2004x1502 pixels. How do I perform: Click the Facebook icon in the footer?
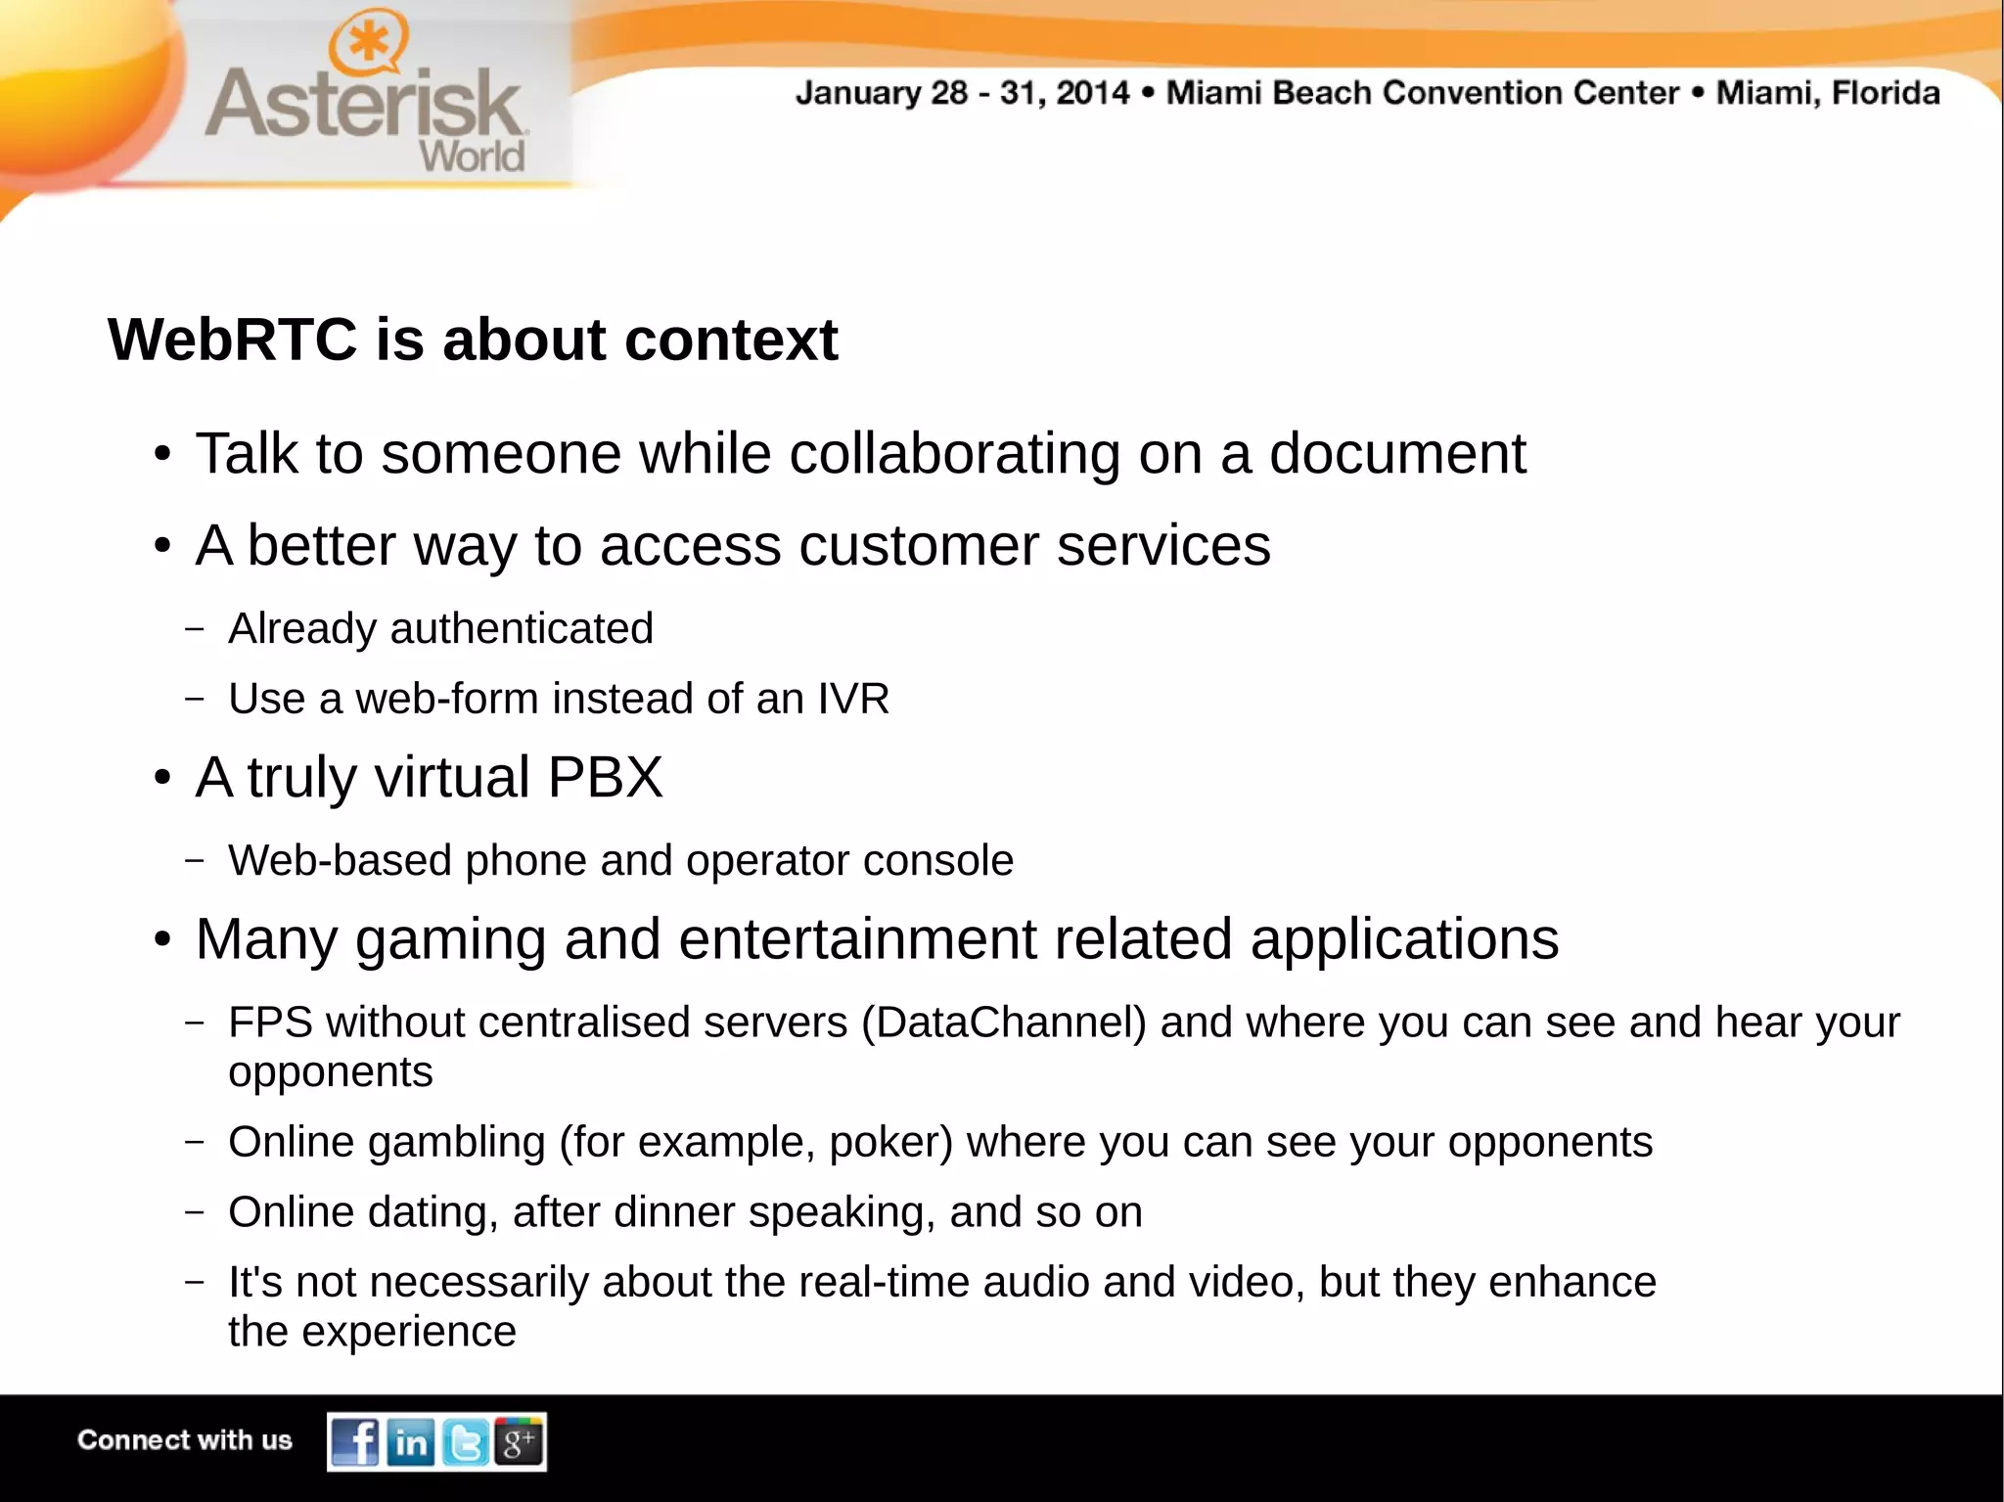[354, 1441]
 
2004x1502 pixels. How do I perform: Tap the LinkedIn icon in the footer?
[410, 1441]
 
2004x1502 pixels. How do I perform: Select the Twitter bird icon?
[465, 1441]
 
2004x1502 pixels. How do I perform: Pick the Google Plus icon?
[519, 1440]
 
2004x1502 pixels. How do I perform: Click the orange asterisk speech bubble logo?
[368, 44]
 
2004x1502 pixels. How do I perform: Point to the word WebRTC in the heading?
[233, 340]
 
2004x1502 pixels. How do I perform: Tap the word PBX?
[605, 777]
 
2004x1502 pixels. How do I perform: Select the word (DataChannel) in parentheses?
[1004, 1023]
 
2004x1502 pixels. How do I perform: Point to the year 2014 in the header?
[1092, 93]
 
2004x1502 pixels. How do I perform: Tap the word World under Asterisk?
[472, 157]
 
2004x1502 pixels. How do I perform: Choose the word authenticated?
[522, 628]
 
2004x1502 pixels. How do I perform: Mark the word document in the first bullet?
[1397, 453]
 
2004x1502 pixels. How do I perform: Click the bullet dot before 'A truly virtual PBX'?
[162, 779]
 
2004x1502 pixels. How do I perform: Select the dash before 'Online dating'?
[195, 1211]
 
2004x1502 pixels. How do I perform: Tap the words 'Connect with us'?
[185, 1440]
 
